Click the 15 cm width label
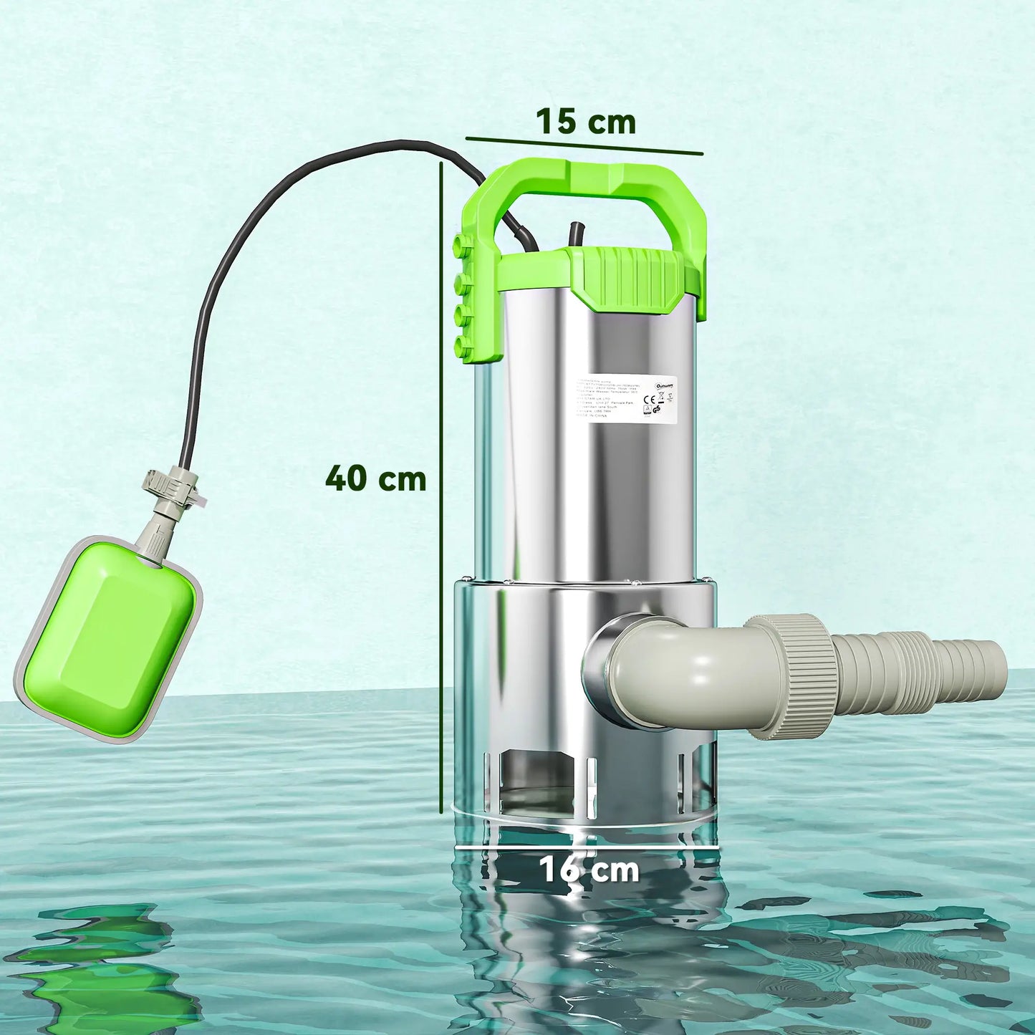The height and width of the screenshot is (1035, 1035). [x=586, y=122]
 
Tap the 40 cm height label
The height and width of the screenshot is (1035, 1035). [x=376, y=478]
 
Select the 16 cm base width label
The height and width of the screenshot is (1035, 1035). [x=588, y=870]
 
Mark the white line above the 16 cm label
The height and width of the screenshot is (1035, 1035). [x=587, y=846]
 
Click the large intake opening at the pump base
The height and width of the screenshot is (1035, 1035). [x=541, y=777]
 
